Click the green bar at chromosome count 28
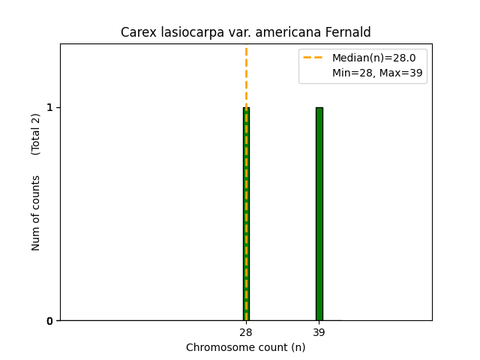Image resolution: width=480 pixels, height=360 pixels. pyautogui.click(x=246, y=214)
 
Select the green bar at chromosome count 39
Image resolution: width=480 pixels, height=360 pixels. pyautogui.click(x=319, y=214)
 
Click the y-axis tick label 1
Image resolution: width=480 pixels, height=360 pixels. pyautogui.click(x=49, y=107)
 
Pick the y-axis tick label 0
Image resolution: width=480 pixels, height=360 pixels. pyautogui.click(x=49, y=321)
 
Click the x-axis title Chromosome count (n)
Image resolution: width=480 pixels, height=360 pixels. pyautogui.click(x=246, y=347)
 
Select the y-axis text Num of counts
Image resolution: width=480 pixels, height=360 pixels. pyautogui.click(x=36, y=213)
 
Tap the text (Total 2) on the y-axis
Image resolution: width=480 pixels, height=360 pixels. pyautogui.click(x=36, y=134)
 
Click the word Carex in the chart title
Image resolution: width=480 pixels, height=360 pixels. pyautogui.click(x=137, y=33)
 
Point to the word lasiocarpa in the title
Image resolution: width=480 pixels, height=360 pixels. pyautogui.click(x=187, y=33)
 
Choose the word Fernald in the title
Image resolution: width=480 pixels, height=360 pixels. pyautogui.click(x=347, y=33)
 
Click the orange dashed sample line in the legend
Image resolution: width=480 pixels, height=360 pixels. pyautogui.click(x=315, y=58)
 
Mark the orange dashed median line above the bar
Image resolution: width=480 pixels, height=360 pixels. pyautogui.click(x=246, y=75)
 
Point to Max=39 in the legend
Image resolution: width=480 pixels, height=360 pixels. pyautogui.click(x=401, y=73)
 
